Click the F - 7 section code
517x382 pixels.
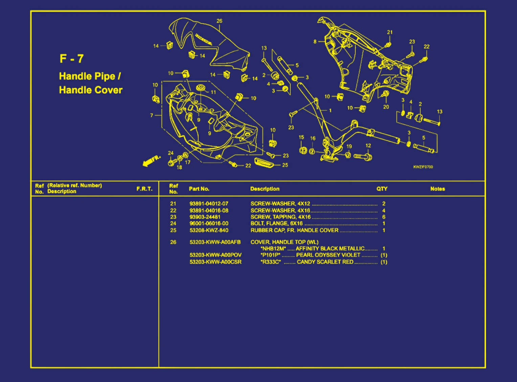pyautogui.click(x=71, y=59)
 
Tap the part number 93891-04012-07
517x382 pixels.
pyautogui.click(x=209, y=204)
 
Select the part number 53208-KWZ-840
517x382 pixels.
pyautogui.click(x=209, y=230)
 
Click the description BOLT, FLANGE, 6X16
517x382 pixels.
pyautogui.click(x=276, y=223)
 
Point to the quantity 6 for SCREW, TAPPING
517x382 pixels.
pyautogui.click(x=384, y=217)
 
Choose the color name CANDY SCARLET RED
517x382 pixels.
pyautogui.click(x=325, y=262)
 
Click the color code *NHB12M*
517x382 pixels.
pyautogui.click(x=273, y=248)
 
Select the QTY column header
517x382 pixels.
pyautogui.click(x=382, y=189)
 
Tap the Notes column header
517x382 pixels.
pyautogui.click(x=437, y=189)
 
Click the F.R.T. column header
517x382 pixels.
pyautogui.click(x=144, y=189)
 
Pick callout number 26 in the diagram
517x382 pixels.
pyautogui.click(x=219, y=21)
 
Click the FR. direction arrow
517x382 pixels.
pyautogui.click(x=151, y=161)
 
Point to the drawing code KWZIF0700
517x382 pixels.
pyautogui.click(x=423, y=167)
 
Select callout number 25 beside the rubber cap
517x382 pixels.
pyautogui.click(x=285, y=165)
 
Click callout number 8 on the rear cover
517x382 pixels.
pyautogui.click(x=315, y=42)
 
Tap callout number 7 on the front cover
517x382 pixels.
pyautogui.click(x=152, y=115)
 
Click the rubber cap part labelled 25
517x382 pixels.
pyautogui.click(x=265, y=162)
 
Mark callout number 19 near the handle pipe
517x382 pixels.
pyautogui.click(x=349, y=146)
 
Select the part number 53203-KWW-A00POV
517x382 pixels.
pyautogui.click(x=216, y=255)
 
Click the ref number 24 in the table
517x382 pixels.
pyautogui.click(x=173, y=223)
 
